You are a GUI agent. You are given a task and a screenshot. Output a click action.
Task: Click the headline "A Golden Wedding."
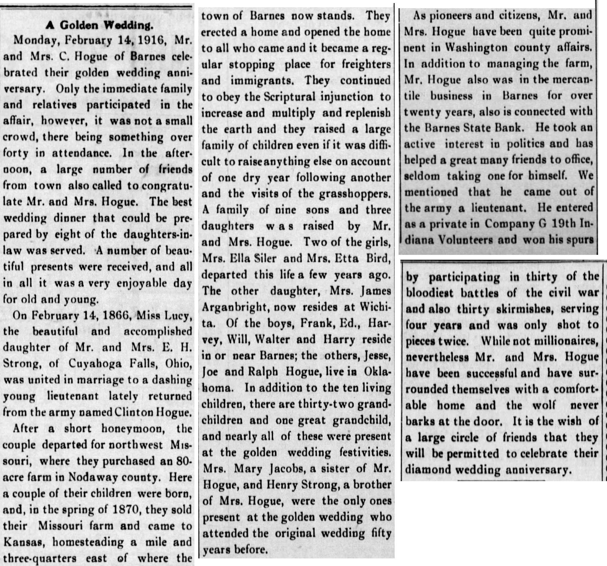click(x=99, y=25)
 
